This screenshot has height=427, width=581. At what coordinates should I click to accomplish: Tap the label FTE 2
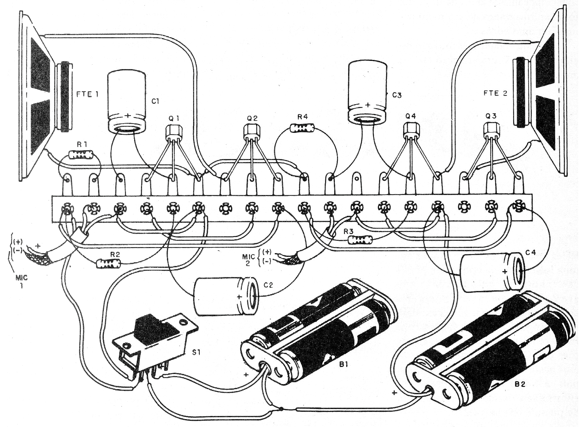pos(495,93)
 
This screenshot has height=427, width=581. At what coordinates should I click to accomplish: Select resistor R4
pos(302,128)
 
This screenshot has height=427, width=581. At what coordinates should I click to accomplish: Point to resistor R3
pos(360,240)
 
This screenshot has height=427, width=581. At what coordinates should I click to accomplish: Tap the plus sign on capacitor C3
pos(368,105)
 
